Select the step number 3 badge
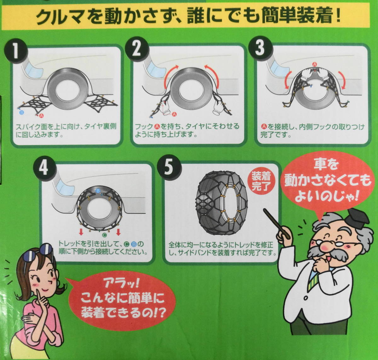point(260,48)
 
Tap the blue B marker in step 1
point(22,112)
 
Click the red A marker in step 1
point(42,116)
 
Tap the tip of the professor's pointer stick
point(265,210)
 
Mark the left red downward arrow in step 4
point(81,232)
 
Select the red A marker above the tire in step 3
point(314,64)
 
